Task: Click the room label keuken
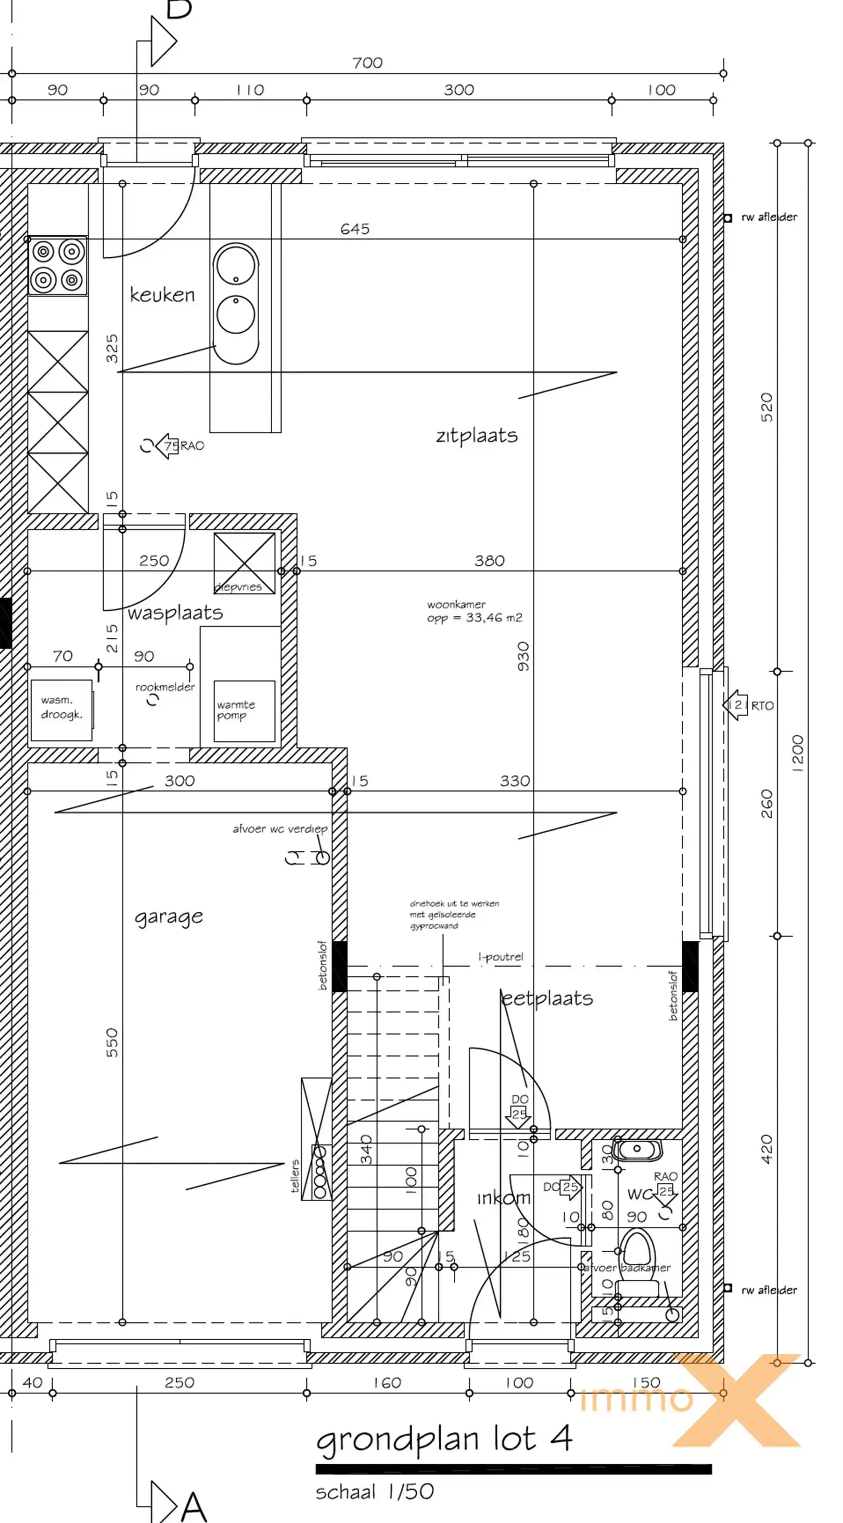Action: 162,294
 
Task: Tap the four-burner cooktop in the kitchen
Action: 58,266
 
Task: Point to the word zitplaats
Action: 476,436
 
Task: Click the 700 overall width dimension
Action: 367,62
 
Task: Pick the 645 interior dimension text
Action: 354,229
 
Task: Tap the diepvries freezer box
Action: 244,563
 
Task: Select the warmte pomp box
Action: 244,711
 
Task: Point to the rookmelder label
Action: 165,687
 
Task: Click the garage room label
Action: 169,917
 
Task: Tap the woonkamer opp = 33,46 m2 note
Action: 474,611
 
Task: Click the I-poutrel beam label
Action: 501,956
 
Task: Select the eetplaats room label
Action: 546,999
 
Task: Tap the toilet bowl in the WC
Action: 638,1256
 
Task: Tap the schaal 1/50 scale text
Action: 375,1492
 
